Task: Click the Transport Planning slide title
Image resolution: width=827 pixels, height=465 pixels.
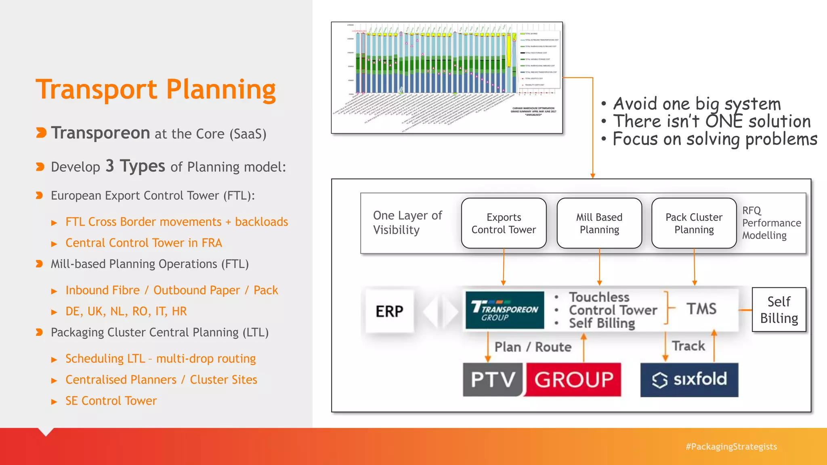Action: (x=155, y=90)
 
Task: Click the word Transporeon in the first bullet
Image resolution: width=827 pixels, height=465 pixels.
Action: (x=101, y=133)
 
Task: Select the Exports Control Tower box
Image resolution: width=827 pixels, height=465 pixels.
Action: (x=504, y=223)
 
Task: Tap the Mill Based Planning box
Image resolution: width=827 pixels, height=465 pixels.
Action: (x=599, y=223)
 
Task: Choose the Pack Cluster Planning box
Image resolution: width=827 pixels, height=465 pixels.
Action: (x=694, y=223)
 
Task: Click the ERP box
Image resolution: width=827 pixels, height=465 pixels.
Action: (x=389, y=311)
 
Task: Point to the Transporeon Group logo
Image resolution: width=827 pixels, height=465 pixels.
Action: (x=504, y=310)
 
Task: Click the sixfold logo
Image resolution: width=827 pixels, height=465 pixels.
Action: (x=689, y=379)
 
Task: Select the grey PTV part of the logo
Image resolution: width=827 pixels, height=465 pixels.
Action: (x=493, y=379)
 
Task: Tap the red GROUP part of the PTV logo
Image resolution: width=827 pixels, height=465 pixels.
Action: (x=573, y=379)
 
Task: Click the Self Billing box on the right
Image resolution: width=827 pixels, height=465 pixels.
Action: (x=779, y=310)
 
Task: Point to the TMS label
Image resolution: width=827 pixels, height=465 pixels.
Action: (x=702, y=309)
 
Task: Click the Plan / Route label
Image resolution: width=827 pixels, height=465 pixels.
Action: (x=533, y=347)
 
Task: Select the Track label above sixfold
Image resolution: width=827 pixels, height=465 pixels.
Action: (x=688, y=346)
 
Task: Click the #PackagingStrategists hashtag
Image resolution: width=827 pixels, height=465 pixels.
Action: (x=731, y=446)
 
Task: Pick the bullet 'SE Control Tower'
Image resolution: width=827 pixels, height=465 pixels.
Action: (x=111, y=401)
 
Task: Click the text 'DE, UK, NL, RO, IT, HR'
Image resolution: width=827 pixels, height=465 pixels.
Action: (x=126, y=311)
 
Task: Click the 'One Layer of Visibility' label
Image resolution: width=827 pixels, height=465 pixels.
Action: (x=407, y=222)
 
